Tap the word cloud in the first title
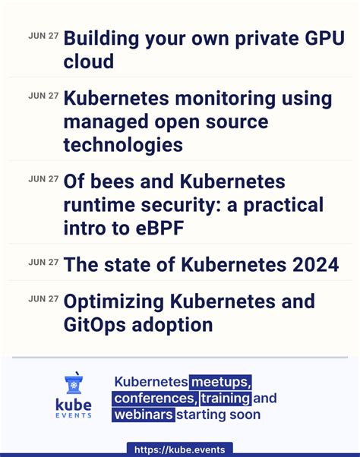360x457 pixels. (87, 61)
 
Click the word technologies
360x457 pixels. (124, 144)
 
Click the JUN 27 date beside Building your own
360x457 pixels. (43, 35)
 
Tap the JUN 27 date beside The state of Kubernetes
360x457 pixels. (43, 262)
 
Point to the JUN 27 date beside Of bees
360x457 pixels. (43, 179)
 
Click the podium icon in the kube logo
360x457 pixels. (74, 382)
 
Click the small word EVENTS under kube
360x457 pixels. (74, 415)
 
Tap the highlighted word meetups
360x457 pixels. (220, 382)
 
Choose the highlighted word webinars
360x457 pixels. (144, 414)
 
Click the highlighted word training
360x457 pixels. (226, 399)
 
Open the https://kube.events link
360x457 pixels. (180, 449)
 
